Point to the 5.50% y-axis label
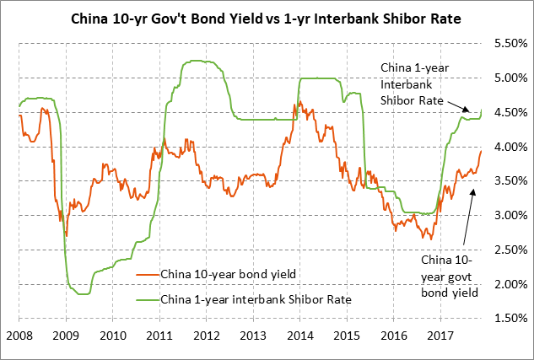coord(509,43)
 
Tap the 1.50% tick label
coord(509,319)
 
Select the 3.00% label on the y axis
coord(509,215)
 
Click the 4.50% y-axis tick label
coord(509,112)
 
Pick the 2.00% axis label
coord(509,284)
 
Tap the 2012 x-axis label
coord(208,336)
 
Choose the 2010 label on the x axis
coord(113,336)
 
